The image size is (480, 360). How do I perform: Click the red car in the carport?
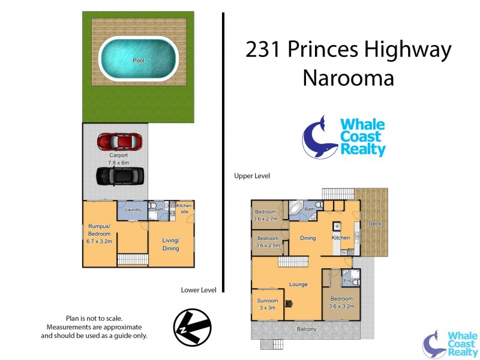point(120,142)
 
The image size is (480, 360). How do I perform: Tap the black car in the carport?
point(119,175)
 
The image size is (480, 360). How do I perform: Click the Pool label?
point(138,61)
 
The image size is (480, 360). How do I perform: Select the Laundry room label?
point(133,209)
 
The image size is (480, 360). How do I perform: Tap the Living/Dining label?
point(171,244)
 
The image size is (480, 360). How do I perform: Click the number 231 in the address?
point(264,50)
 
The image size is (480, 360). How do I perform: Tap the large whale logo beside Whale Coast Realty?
point(319,137)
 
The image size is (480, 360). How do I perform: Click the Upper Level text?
point(252,176)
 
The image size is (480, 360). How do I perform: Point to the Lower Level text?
point(198,290)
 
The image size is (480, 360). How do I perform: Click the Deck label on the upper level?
point(375,224)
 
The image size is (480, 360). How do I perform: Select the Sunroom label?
point(268,301)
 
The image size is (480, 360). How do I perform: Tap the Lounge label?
point(298,284)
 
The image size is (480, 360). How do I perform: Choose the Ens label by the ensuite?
point(346,280)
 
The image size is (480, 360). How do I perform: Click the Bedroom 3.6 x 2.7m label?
point(265,215)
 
